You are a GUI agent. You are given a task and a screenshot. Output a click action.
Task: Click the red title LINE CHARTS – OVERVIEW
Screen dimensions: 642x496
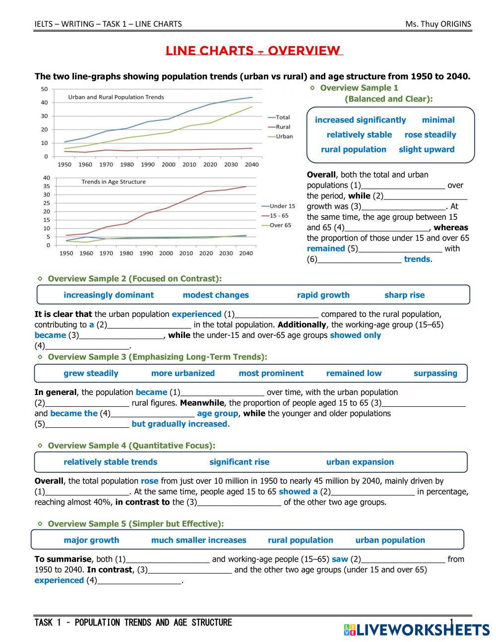point(253,51)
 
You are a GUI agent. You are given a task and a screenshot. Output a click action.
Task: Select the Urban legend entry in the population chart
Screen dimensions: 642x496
point(284,136)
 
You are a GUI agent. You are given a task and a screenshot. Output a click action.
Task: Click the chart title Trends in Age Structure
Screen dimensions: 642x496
point(114,182)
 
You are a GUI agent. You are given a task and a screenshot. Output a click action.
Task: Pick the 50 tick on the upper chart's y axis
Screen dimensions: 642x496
point(44,89)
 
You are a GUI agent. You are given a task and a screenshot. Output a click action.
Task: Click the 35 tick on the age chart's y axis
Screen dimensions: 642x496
point(47,186)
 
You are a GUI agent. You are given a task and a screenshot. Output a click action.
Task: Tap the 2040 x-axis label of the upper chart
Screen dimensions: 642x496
point(251,165)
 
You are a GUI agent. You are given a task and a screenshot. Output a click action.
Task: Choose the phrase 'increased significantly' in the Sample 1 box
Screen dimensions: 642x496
point(360,120)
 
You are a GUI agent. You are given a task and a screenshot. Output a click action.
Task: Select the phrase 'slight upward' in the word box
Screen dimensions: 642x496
point(427,149)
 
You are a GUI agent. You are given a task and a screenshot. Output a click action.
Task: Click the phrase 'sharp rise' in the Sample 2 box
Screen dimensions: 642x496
point(404,295)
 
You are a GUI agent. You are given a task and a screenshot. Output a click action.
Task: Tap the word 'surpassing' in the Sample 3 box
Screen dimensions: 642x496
point(435,374)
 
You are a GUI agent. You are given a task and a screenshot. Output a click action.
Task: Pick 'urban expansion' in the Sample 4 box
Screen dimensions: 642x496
point(360,462)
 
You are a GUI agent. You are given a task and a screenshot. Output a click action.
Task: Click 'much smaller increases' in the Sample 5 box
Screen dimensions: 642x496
point(198,540)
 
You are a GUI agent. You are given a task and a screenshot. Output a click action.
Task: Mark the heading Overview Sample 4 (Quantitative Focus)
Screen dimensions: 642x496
point(131,446)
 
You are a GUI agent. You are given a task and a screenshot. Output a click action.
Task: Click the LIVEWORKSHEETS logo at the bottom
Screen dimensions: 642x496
point(417,630)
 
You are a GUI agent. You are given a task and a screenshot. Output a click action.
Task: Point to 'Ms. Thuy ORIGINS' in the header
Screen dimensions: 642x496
point(438,24)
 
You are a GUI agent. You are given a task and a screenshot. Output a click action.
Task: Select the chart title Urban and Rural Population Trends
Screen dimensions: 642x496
point(116,97)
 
